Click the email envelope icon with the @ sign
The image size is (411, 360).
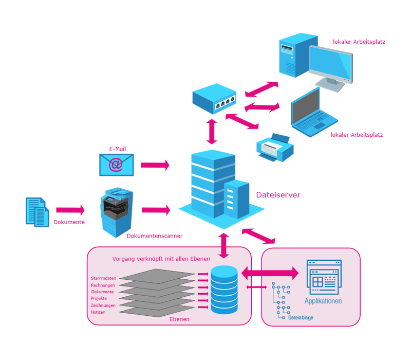(x=116, y=164)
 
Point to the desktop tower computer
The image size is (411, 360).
(x=291, y=54)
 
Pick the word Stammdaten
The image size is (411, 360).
(x=103, y=278)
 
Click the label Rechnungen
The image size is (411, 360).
(x=103, y=285)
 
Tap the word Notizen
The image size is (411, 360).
(x=98, y=312)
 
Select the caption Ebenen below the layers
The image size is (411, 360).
(x=180, y=319)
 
